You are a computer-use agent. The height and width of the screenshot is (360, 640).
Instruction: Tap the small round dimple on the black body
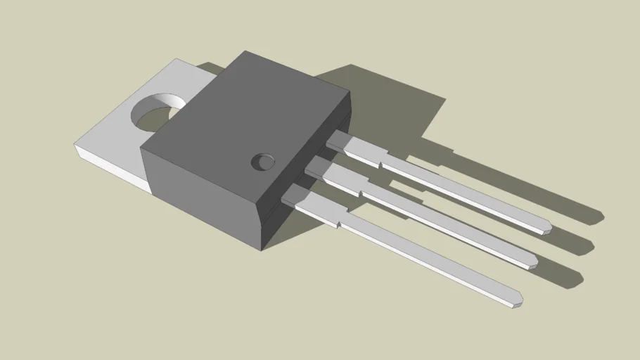pyautogui.click(x=263, y=162)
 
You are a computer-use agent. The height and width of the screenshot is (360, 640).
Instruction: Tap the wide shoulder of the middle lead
pyautogui.click(x=338, y=179)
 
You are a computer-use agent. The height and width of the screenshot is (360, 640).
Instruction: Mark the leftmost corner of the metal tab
pyautogui.click(x=75, y=146)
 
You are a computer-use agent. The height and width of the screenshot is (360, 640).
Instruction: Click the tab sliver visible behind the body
pyautogui.click(x=210, y=68)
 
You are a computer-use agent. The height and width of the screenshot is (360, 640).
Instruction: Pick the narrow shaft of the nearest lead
pyautogui.click(x=429, y=260)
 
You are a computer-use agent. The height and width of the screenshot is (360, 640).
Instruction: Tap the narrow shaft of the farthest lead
pyautogui.click(x=464, y=193)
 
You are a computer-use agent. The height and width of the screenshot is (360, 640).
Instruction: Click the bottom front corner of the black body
pyautogui.click(x=262, y=247)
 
